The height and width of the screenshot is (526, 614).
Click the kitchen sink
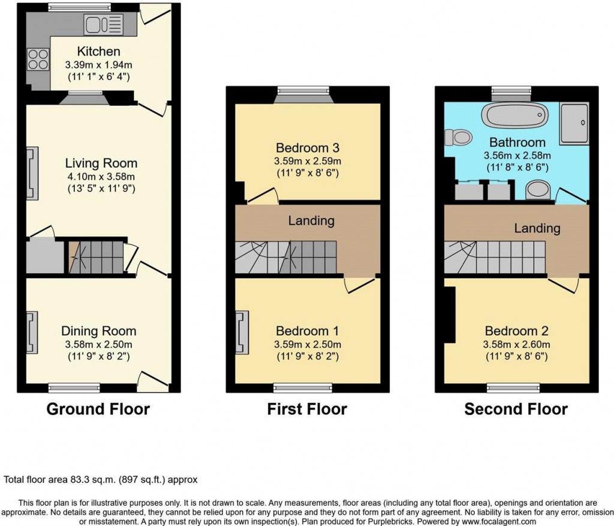[104, 25]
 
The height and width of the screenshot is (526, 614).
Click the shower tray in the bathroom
[574, 122]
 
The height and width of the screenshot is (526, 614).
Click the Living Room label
[101, 163]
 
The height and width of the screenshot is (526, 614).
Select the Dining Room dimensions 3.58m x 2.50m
[98, 344]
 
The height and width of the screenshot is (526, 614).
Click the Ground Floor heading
[98, 410]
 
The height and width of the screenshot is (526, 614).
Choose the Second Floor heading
[516, 410]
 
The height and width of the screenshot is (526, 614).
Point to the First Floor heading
[307, 410]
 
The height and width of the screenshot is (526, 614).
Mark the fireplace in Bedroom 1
[242, 332]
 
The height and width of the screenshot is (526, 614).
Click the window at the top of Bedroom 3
[303, 91]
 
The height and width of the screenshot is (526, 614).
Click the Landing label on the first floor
[311, 220]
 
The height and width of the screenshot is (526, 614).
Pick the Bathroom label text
[517, 142]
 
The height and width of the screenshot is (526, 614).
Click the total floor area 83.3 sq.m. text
[101, 480]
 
